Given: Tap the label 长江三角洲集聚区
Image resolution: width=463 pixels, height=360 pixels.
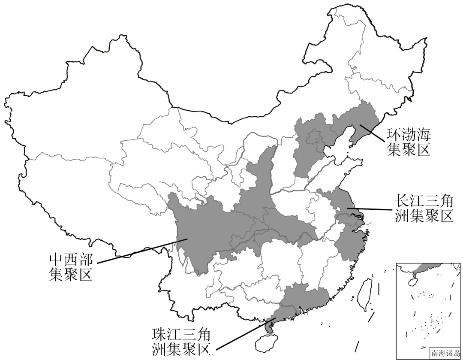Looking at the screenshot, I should click(x=423, y=208).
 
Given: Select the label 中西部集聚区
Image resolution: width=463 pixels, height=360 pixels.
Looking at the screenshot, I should click(x=70, y=266).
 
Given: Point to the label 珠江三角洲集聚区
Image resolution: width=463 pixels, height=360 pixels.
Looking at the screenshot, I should click(x=182, y=342).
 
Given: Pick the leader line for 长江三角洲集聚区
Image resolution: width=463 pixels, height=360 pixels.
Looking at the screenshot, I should click(x=369, y=209).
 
